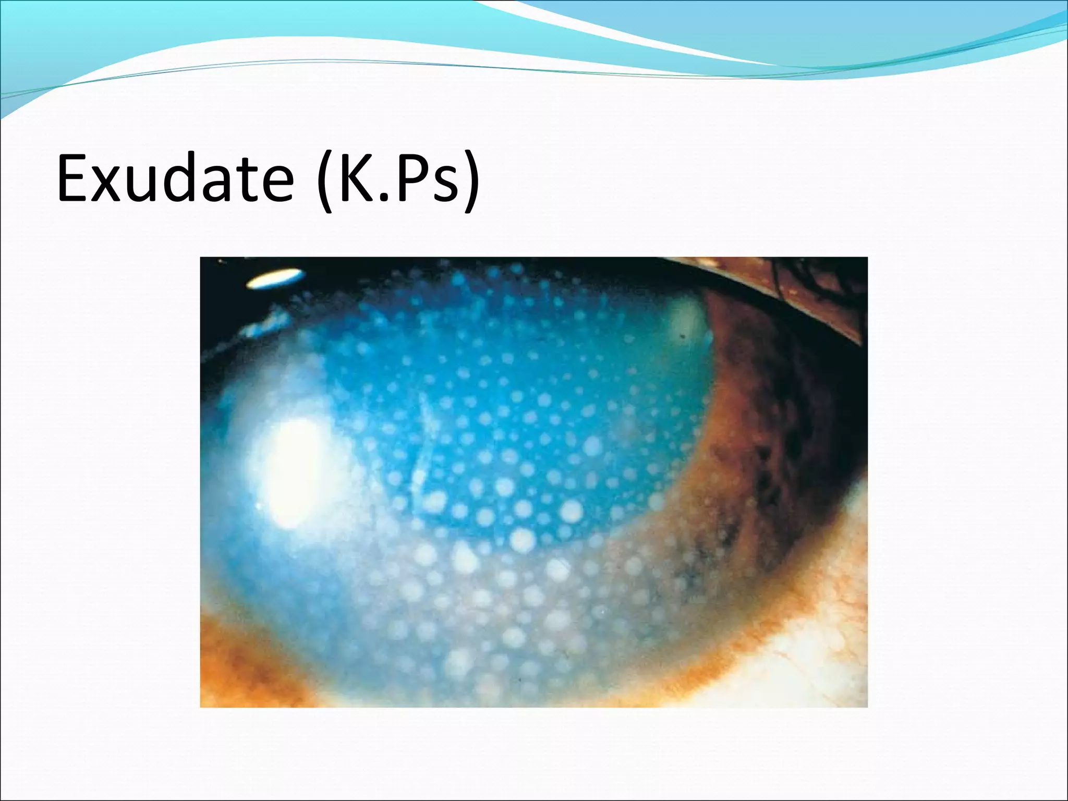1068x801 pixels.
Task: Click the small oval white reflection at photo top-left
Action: coord(275,279)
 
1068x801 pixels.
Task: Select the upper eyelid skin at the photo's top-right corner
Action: coord(814,292)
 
